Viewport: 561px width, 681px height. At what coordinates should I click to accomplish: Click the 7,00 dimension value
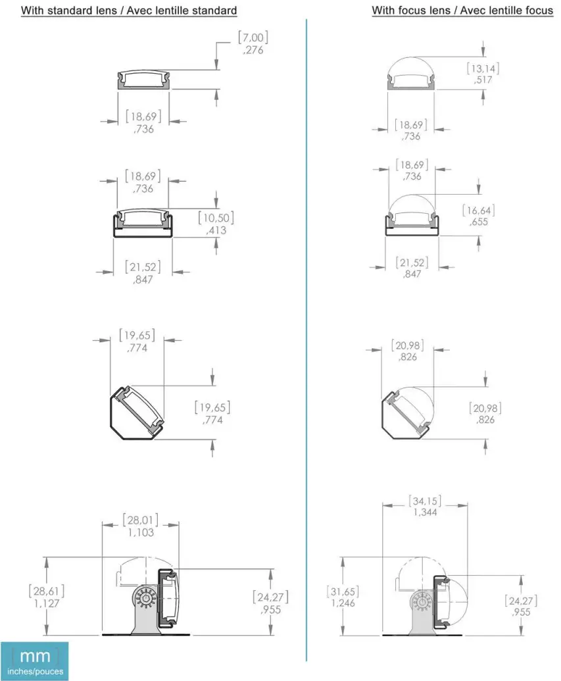click(x=253, y=38)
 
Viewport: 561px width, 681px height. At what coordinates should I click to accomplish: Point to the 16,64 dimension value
click(x=479, y=211)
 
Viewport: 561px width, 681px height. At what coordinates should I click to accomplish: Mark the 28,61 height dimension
click(x=47, y=590)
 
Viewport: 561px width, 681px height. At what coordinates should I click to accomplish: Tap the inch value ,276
click(x=253, y=50)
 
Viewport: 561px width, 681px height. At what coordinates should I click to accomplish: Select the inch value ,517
click(x=483, y=80)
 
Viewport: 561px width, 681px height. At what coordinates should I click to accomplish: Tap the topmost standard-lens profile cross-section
click(x=143, y=78)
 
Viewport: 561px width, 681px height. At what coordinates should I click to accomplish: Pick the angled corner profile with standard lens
click(x=135, y=411)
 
